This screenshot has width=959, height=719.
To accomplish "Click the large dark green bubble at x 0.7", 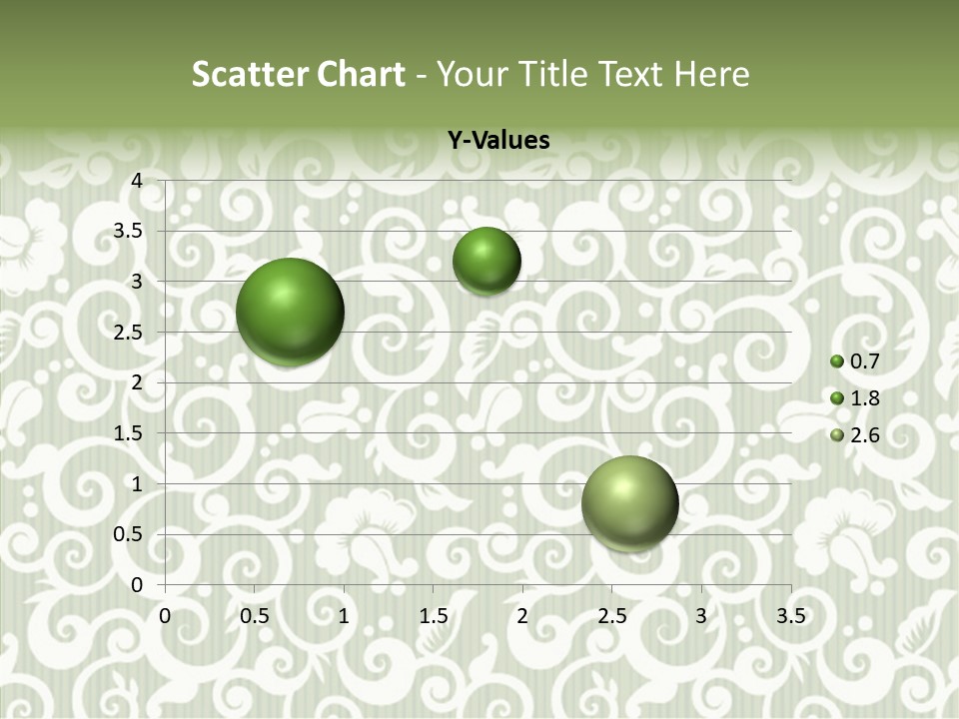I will [290, 312].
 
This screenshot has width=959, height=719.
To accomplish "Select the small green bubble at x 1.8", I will [486, 261].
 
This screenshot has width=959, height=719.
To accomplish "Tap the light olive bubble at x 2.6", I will [629, 503].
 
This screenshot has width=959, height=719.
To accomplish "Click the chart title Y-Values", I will [497, 141].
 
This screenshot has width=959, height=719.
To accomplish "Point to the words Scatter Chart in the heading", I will [298, 74].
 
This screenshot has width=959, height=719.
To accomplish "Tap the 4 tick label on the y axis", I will [137, 181].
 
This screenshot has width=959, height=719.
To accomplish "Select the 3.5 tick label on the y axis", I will [129, 231].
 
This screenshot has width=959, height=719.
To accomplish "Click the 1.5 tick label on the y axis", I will [129, 433].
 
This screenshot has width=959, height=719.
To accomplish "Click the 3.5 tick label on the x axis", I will [790, 616].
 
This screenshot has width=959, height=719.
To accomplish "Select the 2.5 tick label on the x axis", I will [611, 616].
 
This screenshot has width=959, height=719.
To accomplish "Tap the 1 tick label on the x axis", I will [344, 616].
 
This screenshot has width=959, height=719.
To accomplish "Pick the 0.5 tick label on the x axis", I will [255, 616].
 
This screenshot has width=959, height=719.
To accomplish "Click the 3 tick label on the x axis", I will [701, 616].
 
